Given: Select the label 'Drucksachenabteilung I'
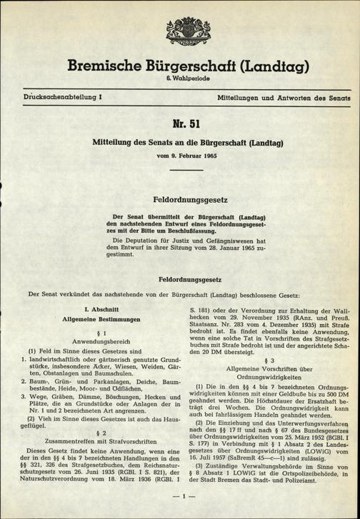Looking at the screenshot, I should (x=62, y=95).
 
